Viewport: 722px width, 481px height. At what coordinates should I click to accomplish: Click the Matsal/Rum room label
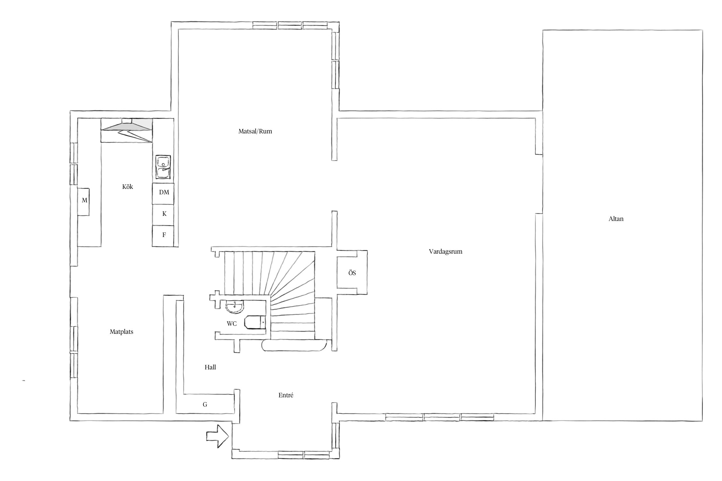[x=255, y=131]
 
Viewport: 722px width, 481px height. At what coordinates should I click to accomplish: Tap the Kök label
[x=127, y=187]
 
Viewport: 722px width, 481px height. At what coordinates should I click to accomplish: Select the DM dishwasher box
[x=163, y=193]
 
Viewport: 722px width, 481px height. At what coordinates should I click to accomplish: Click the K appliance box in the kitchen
[x=163, y=215]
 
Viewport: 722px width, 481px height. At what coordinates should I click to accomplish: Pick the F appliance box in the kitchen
[x=163, y=236]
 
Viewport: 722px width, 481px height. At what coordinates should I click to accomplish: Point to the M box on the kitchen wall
[x=83, y=202]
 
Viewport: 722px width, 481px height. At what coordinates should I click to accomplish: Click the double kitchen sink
[x=163, y=167]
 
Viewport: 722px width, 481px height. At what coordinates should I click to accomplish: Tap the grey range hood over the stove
[x=126, y=125]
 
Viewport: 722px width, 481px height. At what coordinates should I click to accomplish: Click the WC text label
[x=232, y=324]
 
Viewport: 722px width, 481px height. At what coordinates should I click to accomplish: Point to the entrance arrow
[x=217, y=436]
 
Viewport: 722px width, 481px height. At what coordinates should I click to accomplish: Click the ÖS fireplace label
[x=352, y=273]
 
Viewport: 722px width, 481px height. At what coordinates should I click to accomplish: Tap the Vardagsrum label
[x=445, y=251]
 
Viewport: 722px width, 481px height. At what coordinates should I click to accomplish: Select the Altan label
[x=616, y=219]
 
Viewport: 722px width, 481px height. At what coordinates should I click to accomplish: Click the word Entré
[x=286, y=395]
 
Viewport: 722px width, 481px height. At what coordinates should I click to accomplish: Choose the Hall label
[x=210, y=367]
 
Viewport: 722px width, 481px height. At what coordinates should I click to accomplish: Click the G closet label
[x=205, y=405]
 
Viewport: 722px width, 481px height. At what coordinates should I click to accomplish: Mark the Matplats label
[x=121, y=332]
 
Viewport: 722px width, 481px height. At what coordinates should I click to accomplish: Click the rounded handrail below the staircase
[x=294, y=346]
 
